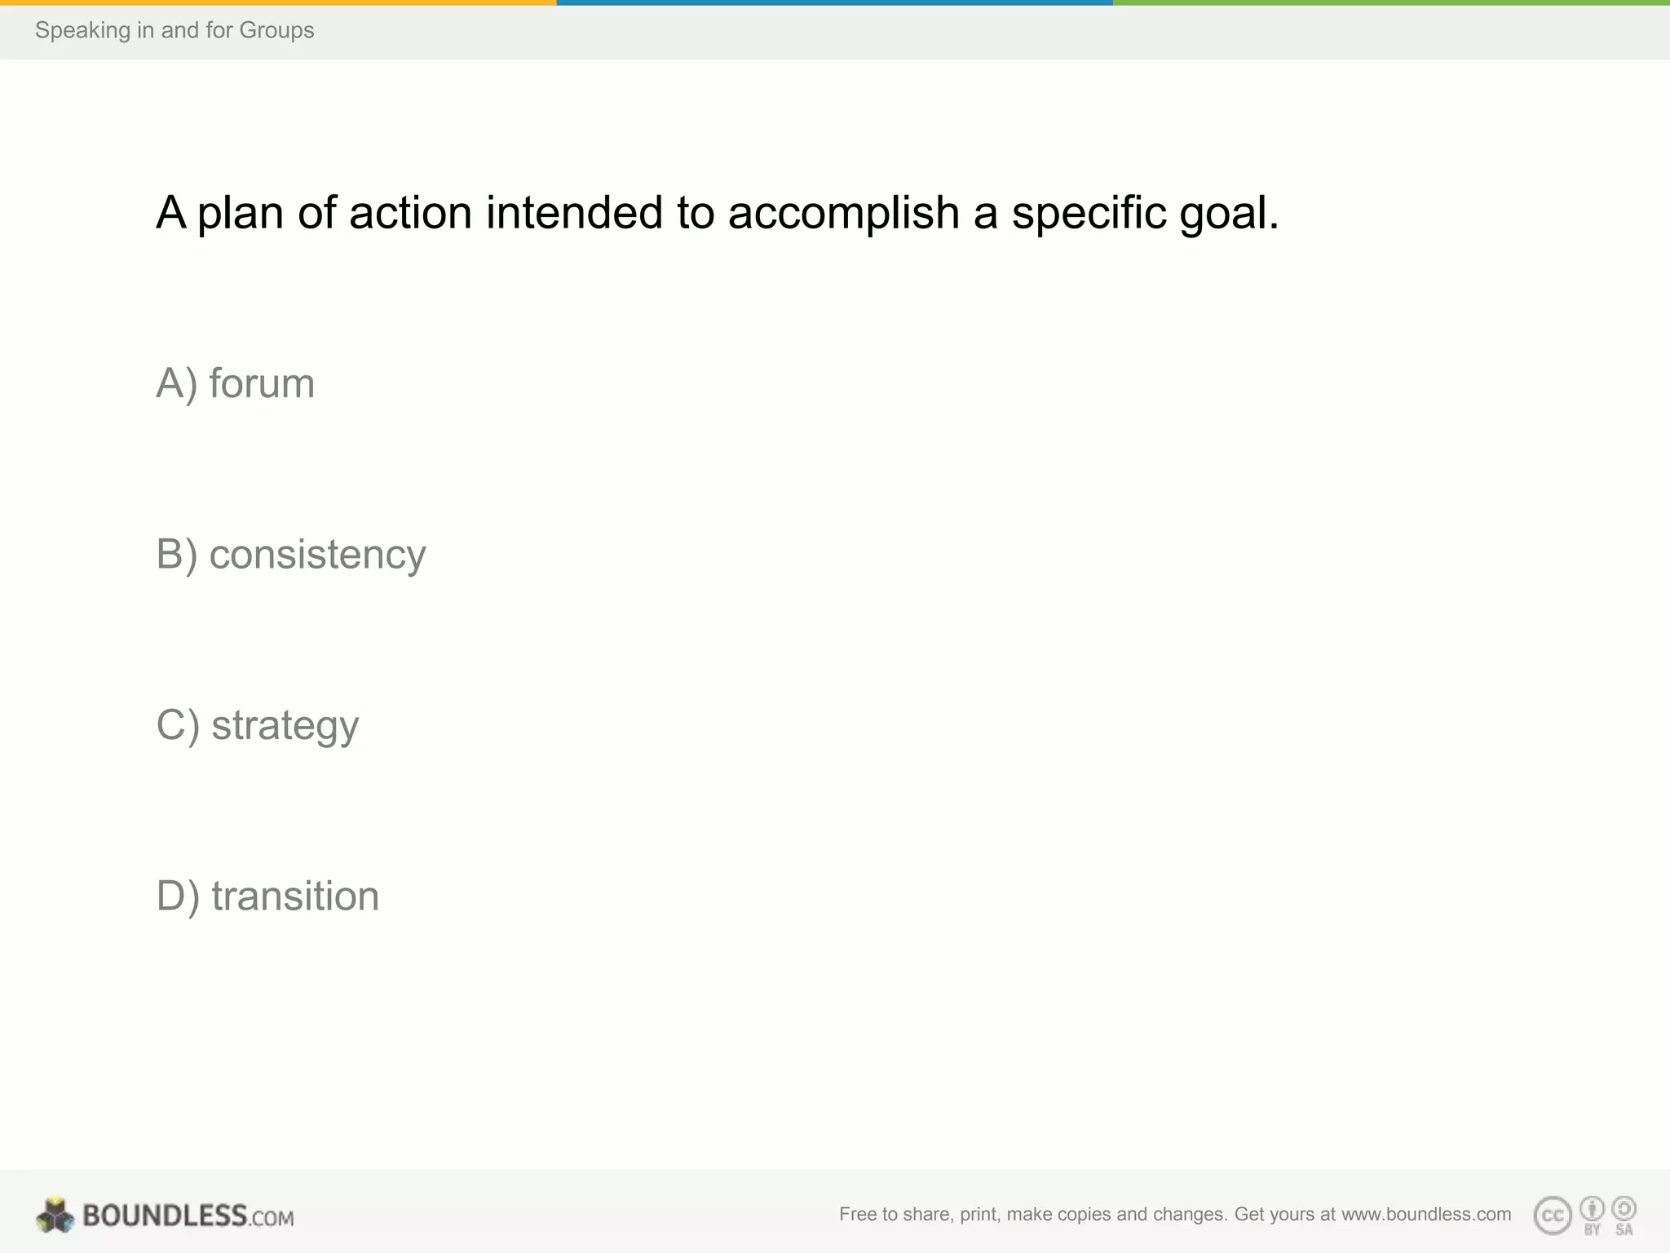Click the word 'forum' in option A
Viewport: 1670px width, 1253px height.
(262, 383)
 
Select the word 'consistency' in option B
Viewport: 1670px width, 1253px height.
(317, 555)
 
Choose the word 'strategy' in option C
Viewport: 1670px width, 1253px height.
(285, 725)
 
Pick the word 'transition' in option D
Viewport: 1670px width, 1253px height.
(295, 896)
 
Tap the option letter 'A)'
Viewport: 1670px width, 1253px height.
(177, 383)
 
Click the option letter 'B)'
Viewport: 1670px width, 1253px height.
(177, 555)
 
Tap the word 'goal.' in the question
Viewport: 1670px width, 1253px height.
(1229, 213)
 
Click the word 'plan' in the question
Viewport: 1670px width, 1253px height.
(241, 213)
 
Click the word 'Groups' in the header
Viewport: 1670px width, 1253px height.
(276, 30)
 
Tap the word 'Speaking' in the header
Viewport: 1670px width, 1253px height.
(82, 30)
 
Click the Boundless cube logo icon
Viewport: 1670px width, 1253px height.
(55, 1215)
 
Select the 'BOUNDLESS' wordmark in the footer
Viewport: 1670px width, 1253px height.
(165, 1215)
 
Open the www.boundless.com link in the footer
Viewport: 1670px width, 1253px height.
(1426, 1214)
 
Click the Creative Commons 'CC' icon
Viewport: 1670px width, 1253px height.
(1553, 1215)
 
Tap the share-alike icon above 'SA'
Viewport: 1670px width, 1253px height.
(1624, 1208)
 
